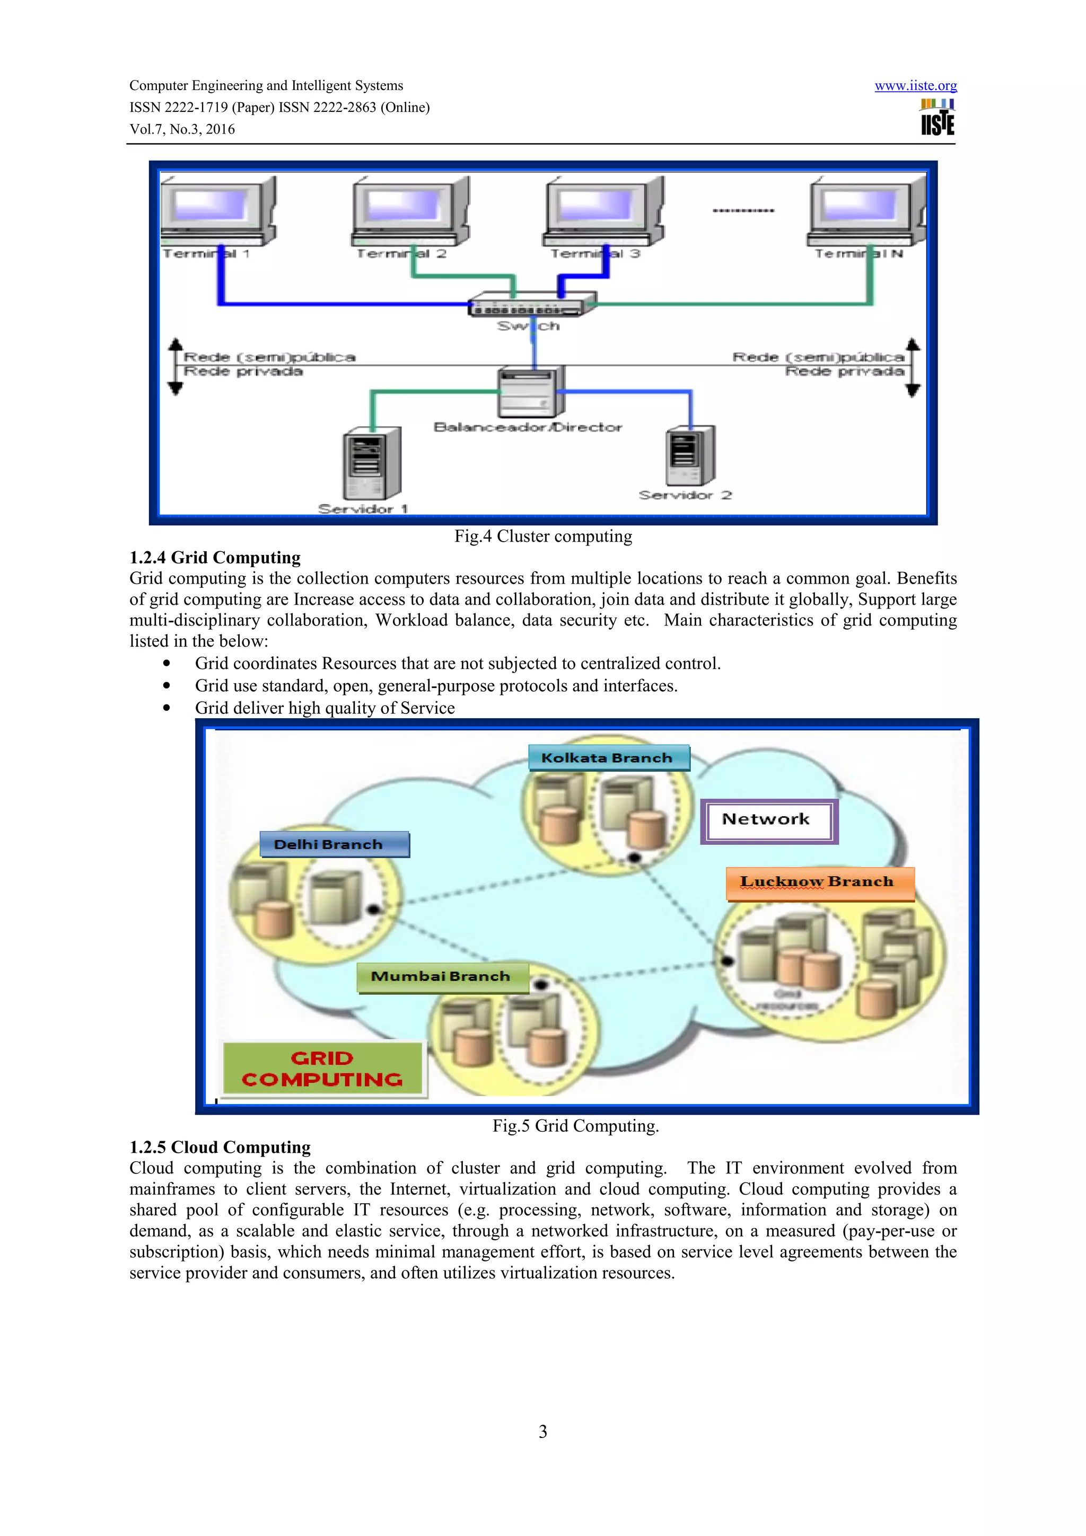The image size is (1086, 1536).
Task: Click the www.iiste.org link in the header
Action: click(x=915, y=86)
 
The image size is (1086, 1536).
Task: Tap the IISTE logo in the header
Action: click(x=937, y=118)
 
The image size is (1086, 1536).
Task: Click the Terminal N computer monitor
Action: click(x=864, y=209)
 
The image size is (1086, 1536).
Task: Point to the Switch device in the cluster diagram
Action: click(x=532, y=304)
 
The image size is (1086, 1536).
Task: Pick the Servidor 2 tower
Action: click(x=690, y=456)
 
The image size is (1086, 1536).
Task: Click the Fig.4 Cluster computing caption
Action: click(x=542, y=536)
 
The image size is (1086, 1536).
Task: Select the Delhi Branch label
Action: click(x=333, y=844)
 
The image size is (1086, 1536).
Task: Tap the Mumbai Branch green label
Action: click(x=442, y=977)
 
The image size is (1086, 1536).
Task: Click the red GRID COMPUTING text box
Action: click(x=322, y=1069)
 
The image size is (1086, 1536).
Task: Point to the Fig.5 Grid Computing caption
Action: click(x=575, y=1126)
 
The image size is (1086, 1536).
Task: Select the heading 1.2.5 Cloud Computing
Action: click(x=220, y=1147)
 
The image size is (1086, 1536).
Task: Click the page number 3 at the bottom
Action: click(x=542, y=1432)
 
